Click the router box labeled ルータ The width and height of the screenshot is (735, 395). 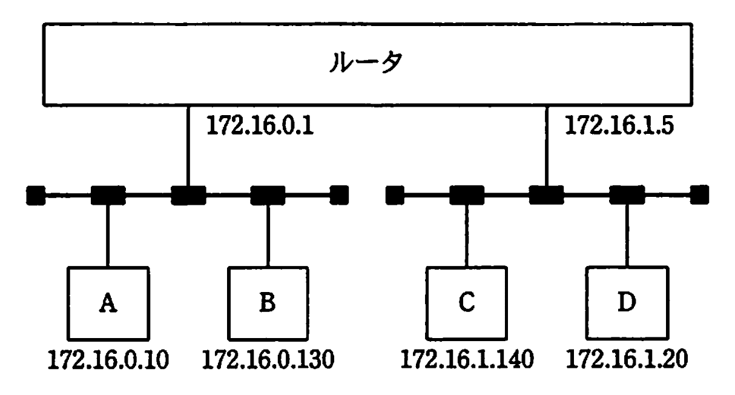[x=367, y=62]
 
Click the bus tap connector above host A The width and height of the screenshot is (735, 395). [x=108, y=195]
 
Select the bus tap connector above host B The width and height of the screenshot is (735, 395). [x=268, y=195]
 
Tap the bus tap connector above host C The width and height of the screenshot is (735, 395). [x=466, y=195]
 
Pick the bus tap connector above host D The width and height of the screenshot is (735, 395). [x=626, y=195]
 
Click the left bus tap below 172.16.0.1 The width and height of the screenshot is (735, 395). [x=188, y=195]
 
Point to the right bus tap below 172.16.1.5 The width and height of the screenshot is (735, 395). [x=546, y=195]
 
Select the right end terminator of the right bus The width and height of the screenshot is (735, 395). [x=699, y=195]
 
